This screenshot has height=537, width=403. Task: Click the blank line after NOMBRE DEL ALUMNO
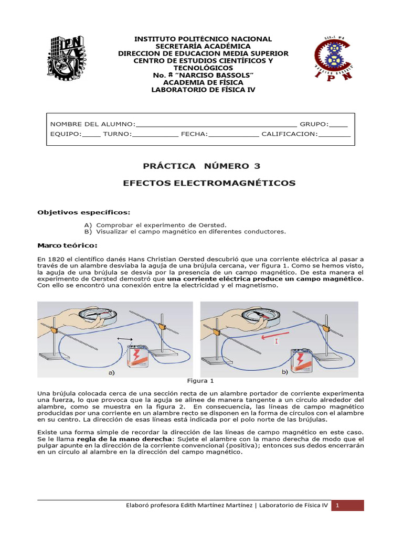(x=216, y=124)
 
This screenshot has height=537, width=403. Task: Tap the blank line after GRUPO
(x=338, y=124)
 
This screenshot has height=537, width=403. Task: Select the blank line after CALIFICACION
(x=334, y=134)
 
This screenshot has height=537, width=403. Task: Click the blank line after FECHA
(x=234, y=134)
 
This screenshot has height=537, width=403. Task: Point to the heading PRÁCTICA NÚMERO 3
(x=201, y=166)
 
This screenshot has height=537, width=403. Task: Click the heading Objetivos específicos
(x=83, y=212)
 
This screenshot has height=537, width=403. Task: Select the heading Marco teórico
(x=67, y=245)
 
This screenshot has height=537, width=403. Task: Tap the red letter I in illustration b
(x=276, y=341)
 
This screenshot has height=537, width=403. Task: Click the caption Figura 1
(x=201, y=381)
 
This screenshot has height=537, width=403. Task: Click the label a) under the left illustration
(x=111, y=373)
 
